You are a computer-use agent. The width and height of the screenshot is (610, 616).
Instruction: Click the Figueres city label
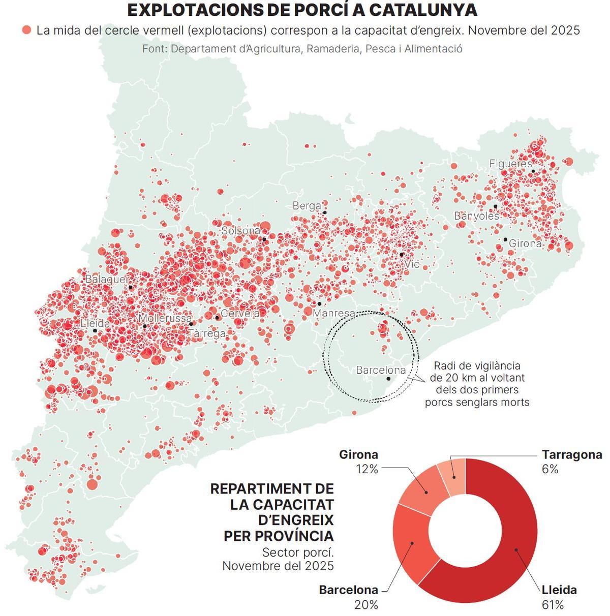(510, 164)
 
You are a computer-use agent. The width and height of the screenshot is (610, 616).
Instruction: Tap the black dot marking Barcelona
(388, 379)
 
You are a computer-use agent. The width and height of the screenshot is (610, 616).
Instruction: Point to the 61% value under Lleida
(553, 605)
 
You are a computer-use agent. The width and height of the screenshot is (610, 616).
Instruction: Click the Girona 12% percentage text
(367, 469)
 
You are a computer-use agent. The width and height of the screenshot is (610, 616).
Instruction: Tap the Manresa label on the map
(333, 313)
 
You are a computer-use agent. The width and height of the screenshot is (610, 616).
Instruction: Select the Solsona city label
(240, 231)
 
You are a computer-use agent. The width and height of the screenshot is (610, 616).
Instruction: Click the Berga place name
(307, 206)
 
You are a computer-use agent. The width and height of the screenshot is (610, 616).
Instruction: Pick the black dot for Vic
(402, 255)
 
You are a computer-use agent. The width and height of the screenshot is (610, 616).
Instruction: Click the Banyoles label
(476, 216)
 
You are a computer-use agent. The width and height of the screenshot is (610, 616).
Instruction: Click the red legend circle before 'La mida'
(26, 30)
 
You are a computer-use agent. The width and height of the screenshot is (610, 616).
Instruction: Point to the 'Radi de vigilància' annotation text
(476, 366)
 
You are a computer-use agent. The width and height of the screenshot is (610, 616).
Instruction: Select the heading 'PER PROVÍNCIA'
(279, 536)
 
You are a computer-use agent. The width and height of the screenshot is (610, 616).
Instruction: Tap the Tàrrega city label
(206, 334)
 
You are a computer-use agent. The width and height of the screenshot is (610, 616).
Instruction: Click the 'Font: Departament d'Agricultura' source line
(302, 49)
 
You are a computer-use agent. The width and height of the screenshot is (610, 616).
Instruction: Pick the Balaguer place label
(107, 279)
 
